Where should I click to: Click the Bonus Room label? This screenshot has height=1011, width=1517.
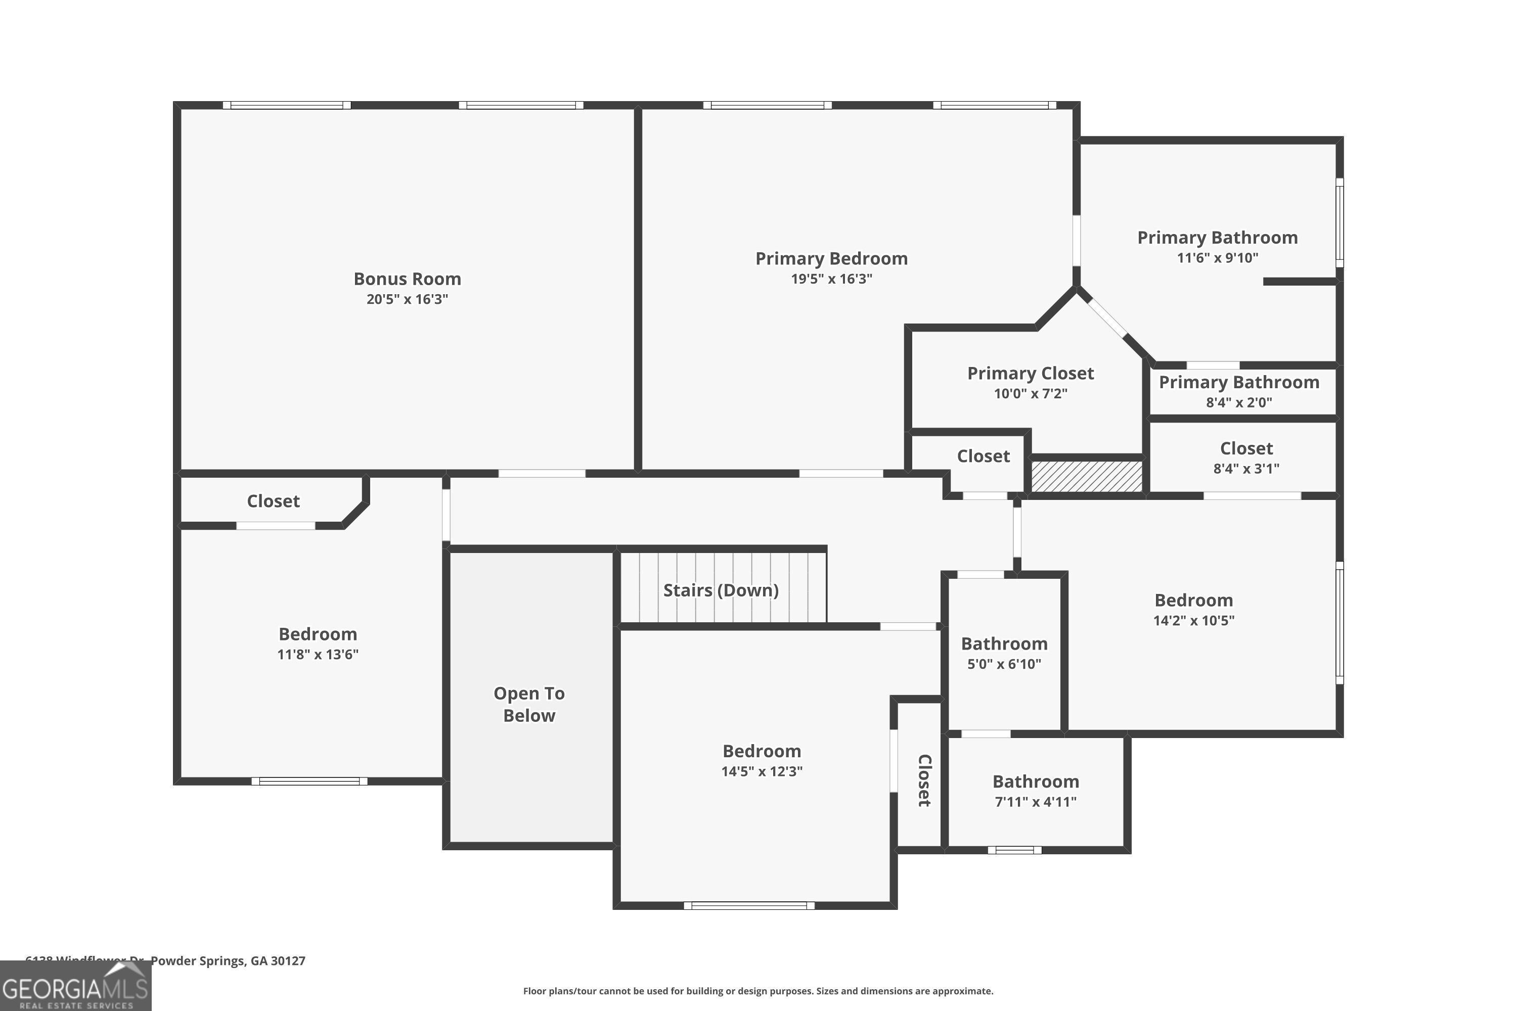point(407,279)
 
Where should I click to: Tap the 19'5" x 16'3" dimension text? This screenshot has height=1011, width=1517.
point(831,279)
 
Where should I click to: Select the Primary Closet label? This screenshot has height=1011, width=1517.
point(1030,374)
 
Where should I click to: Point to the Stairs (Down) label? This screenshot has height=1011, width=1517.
point(721,590)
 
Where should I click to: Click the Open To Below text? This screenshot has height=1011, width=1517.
point(529,704)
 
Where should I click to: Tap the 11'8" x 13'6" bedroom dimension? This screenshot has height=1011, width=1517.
point(318,655)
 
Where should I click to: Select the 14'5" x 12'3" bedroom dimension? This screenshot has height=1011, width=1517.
point(762,771)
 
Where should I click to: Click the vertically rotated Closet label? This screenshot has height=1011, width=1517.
point(924,780)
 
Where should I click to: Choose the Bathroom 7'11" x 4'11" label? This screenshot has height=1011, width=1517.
point(1035,782)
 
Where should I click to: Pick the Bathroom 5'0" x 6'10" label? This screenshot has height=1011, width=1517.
point(1004,644)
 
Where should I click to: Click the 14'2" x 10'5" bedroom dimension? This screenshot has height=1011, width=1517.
point(1193,620)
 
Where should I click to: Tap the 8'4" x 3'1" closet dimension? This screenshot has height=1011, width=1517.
point(1245,469)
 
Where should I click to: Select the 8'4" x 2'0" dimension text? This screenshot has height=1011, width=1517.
point(1238,402)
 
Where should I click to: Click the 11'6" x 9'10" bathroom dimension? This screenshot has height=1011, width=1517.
point(1217,258)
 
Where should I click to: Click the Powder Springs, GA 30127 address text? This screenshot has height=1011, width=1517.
point(228,961)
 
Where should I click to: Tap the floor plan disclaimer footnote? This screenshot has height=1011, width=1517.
point(758,991)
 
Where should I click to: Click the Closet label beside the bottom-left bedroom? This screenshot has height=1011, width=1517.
point(273,501)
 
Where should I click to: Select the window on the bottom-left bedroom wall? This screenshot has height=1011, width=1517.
point(309,782)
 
